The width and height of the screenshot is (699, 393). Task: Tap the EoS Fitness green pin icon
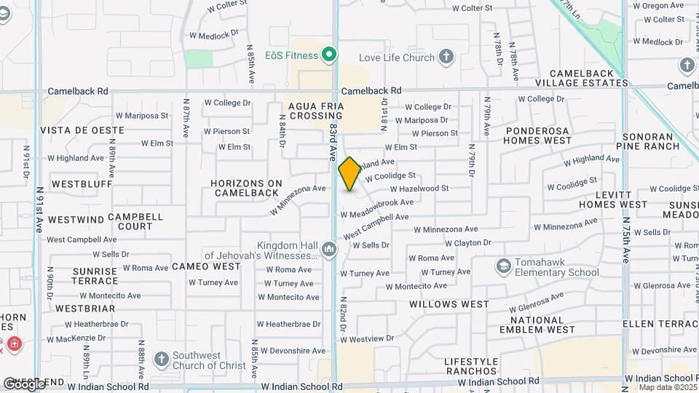(329, 55)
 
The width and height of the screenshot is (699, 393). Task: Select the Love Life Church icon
(446, 57)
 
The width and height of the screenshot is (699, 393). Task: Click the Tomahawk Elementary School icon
(502, 266)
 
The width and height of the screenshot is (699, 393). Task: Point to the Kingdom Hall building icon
(329, 250)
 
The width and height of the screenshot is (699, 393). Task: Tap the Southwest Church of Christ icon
(162, 360)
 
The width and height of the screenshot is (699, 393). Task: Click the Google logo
(23, 384)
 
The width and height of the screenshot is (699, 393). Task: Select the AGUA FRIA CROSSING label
(316, 111)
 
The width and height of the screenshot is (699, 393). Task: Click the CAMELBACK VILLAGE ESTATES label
(588, 79)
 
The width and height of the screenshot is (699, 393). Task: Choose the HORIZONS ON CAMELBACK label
(246, 188)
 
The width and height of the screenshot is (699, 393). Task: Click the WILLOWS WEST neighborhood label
(449, 303)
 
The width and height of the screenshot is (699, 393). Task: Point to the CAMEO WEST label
(206, 267)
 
